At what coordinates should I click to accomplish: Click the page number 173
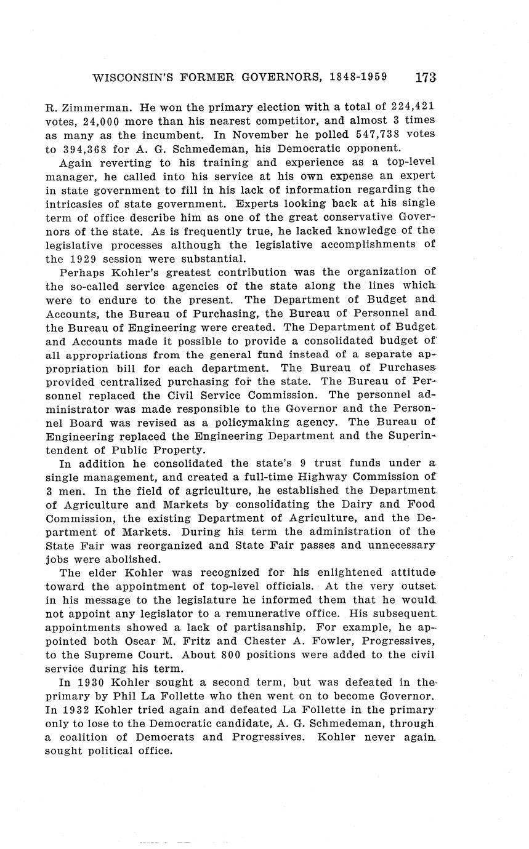pos(426,78)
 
